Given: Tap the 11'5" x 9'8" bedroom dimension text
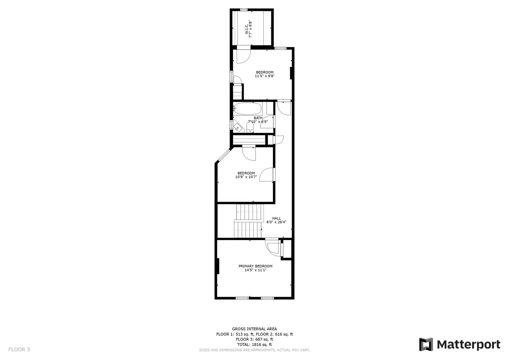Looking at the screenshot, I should [x=265, y=76].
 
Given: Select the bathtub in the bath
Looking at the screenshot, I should [x=248, y=108].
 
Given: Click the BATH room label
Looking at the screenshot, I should [x=258, y=118].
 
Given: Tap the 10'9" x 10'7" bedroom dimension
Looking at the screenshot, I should [x=246, y=177].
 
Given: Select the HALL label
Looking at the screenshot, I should [x=276, y=218].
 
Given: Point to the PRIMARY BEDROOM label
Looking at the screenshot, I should [x=255, y=266].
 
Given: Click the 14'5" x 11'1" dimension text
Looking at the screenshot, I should [x=255, y=270].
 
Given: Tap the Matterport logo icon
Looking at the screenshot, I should [x=426, y=344].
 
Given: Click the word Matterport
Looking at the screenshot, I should [x=468, y=344].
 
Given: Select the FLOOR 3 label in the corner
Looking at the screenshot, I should [x=19, y=349].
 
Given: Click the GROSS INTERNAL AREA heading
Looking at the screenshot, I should [x=254, y=329].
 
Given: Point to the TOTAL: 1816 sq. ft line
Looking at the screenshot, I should [x=254, y=344].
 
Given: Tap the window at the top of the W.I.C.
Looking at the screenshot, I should [x=244, y=10].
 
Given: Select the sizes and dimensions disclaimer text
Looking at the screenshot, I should [x=254, y=350].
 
